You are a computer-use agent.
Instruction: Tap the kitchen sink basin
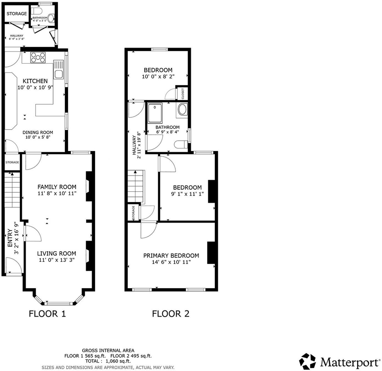pos(59,74)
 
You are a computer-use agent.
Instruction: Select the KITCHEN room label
pos(35,81)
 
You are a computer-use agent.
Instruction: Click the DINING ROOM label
pos(38,132)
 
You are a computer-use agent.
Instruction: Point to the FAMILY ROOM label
pos(57,187)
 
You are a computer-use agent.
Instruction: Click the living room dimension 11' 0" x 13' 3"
pos(57,260)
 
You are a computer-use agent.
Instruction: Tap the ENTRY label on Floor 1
pos(10,238)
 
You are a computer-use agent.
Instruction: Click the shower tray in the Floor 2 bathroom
pos(155,113)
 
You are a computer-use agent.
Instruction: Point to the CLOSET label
pos(183,94)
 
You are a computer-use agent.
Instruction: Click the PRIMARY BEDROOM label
pos(171,255)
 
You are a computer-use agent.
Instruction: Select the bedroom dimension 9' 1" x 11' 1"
pos(187,194)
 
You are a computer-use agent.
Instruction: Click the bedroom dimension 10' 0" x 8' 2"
pos(158,76)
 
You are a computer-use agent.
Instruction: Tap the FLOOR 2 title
pos(170,314)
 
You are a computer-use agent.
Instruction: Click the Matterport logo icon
pos(307,361)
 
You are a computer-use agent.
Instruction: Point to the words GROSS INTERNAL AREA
pos(108,350)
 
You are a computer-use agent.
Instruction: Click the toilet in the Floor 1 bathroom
pos(36,11)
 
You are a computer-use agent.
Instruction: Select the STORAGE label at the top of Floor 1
pos(17,14)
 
